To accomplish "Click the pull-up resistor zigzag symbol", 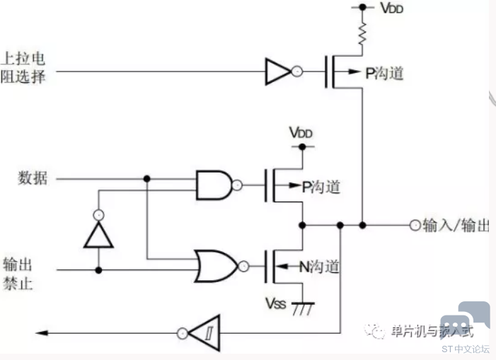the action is pos(362,33).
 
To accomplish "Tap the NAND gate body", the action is pos(214,185).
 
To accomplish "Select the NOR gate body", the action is pos(216,266).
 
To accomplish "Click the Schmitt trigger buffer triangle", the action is pos(204,333).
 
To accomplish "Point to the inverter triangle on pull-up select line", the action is pos(277,71).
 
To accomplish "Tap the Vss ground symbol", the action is pos(303,308).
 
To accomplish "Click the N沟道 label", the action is pos(320,267).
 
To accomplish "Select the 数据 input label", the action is pos(33,178).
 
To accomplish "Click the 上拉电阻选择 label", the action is pos(23,68).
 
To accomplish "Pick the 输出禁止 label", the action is pos(18,274).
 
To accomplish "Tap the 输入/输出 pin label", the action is pos(456,226).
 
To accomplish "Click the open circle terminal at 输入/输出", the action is pos(415,226).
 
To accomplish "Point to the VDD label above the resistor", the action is pos(391,8).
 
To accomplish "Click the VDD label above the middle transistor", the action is pos(301,132).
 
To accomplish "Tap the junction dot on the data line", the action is pos(146,179).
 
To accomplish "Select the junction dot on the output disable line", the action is pos(98,270).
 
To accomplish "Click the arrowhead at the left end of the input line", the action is pos(42,333).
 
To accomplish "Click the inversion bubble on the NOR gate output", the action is pos(243,267).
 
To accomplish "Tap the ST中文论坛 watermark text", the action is pos(466,349).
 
